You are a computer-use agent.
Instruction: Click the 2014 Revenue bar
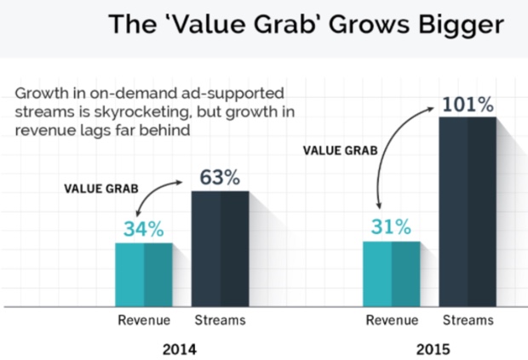coord(144,274)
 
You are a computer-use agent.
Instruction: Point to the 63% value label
coord(220,178)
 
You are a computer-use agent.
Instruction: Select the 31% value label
coord(391,227)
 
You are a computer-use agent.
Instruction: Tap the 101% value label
coord(468,106)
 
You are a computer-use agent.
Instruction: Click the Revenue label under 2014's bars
coord(144,321)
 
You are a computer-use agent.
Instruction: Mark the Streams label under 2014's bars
coord(220,321)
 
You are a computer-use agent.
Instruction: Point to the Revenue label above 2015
coord(391,321)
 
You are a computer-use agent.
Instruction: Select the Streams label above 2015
coord(468,321)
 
